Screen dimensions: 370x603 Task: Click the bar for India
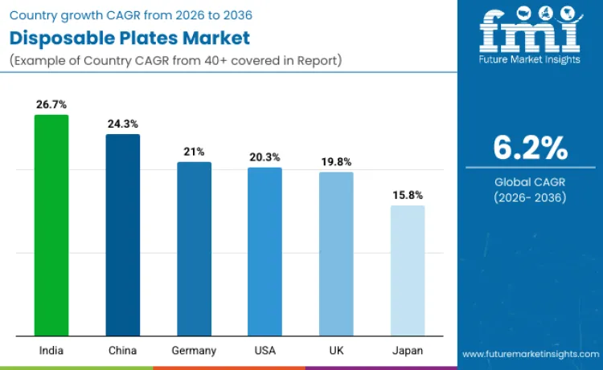coord(51,226)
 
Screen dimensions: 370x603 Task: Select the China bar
coord(123,235)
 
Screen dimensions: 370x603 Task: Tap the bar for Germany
coord(194,249)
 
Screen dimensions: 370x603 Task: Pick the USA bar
coord(265,252)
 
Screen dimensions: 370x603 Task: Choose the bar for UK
coord(336,254)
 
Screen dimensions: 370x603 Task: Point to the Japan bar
coord(408,270)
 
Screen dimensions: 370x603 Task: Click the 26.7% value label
coord(51,104)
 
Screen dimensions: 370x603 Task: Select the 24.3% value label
coord(123,124)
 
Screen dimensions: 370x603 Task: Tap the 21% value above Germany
coord(194,152)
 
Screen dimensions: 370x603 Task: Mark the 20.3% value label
coord(265,157)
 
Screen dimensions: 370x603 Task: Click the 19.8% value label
coord(336,161)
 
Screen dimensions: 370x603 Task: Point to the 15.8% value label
coord(408,195)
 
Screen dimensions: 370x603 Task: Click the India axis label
coord(51,351)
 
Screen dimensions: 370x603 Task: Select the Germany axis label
coord(194,351)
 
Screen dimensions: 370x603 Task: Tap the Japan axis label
coord(408,351)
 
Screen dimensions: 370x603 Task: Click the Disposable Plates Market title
coord(129,38)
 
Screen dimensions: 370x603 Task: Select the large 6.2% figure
coord(530,148)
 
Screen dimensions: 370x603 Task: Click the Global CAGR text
coord(530,182)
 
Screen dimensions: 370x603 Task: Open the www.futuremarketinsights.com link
coord(531,354)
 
